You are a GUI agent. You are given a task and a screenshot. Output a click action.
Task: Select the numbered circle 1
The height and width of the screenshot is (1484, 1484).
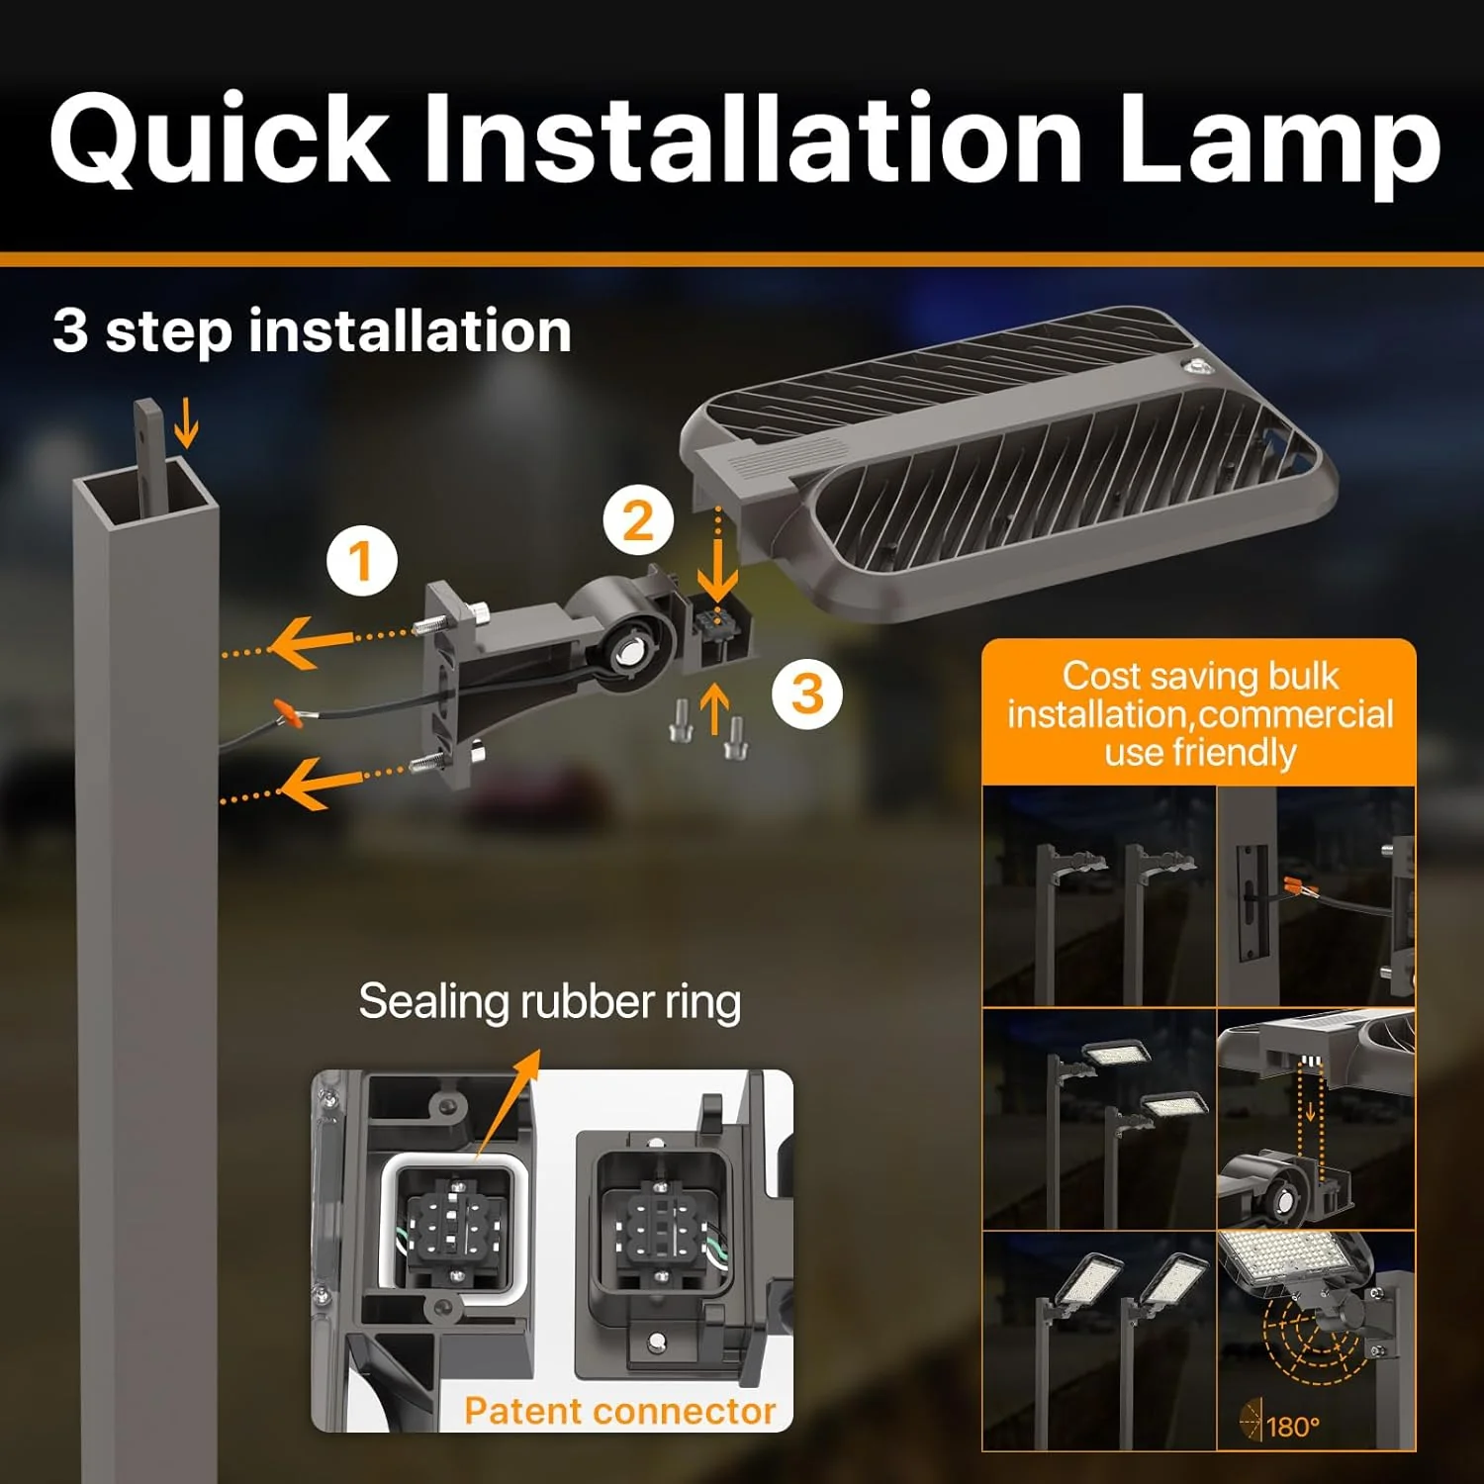click(362, 560)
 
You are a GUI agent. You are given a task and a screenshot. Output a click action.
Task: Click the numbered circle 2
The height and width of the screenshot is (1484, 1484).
click(638, 519)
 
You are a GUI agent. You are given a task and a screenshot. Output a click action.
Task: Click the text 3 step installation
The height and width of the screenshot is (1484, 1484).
click(312, 330)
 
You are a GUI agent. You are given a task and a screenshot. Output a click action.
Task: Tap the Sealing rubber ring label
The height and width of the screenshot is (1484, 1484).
click(550, 1001)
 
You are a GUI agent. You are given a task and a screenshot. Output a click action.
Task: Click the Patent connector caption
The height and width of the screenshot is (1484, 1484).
click(620, 1411)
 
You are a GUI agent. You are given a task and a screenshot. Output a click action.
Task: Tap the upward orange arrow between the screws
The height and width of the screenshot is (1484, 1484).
click(714, 711)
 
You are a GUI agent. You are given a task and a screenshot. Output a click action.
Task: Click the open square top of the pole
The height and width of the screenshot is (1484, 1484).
click(145, 491)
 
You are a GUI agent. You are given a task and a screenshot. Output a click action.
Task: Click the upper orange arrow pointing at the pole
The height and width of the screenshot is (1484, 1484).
click(317, 641)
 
